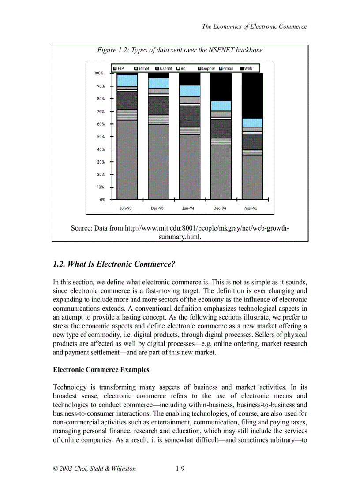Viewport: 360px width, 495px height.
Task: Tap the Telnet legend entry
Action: coord(142,68)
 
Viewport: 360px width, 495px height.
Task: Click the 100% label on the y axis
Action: coord(99,74)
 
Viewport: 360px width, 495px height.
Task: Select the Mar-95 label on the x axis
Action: coord(251,208)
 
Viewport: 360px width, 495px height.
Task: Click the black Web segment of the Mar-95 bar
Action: coord(252,95)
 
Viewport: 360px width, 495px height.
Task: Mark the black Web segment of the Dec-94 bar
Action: coord(221,87)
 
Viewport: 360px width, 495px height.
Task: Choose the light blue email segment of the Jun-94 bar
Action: coord(189,90)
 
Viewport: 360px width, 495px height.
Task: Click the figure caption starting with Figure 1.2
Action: coord(180,50)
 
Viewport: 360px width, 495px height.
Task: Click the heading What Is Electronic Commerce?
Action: coord(114,264)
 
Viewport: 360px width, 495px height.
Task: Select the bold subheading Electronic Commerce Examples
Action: coord(101,370)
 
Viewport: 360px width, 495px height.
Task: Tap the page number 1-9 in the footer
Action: coord(180,469)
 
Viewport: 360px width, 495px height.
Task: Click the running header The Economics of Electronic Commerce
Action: coord(254,26)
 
